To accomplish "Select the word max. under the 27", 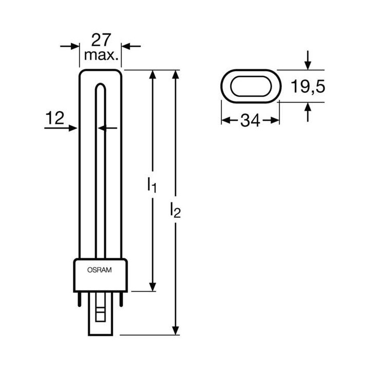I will point(101,54).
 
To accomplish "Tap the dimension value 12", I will point(55,118).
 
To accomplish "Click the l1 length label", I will point(151,185).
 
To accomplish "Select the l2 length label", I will point(176,210).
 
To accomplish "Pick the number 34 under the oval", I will point(250,121).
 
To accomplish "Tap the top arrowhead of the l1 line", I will point(152,75).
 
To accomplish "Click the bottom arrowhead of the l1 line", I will point(152,286).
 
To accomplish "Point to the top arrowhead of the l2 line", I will point(176,75).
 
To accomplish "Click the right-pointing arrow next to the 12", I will point(73,128).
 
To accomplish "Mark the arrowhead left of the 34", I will point(225,121).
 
